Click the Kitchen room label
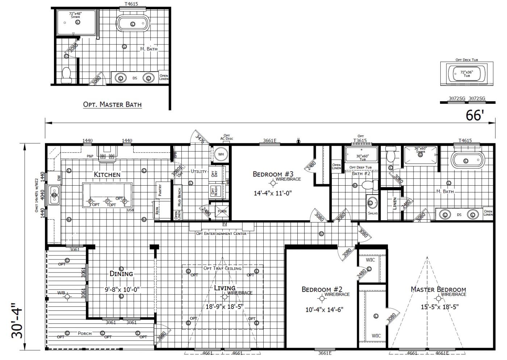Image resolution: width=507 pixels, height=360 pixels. click(x=107, y=174)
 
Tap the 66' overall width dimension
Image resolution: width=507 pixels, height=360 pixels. click(x=475, y=115)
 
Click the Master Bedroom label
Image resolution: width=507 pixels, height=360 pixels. click(x=438, y=289)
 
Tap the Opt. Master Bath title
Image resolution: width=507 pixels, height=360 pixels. click(x=112, y=105)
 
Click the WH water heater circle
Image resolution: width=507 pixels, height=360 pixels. click(x=221, y=154)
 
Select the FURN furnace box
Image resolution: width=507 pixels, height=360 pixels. click(x=222, y=211)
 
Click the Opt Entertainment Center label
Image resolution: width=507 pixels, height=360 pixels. click(x=221, y=233)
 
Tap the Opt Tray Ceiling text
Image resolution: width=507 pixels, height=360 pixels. click(x=222, y=268)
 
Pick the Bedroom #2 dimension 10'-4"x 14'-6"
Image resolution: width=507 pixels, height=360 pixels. click(x=324, y=309)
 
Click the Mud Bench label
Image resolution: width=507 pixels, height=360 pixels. click(x=179, y=198)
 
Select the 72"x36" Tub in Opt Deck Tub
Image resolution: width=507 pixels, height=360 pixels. click(x=467, y=74)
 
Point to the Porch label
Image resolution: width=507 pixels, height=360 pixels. click(x=85, y=333)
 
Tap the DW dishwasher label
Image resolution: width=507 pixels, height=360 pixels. click(x=59, y=178)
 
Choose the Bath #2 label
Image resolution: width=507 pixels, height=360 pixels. click(x=361, y=173)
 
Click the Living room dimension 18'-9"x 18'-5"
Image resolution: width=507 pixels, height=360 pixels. click(x=225, y=307)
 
